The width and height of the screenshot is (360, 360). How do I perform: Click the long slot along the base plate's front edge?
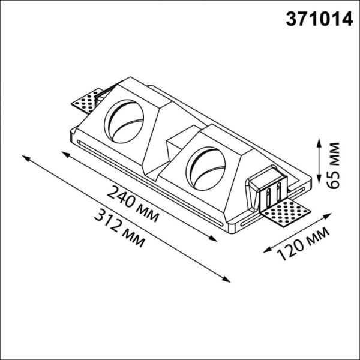point(150,180)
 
